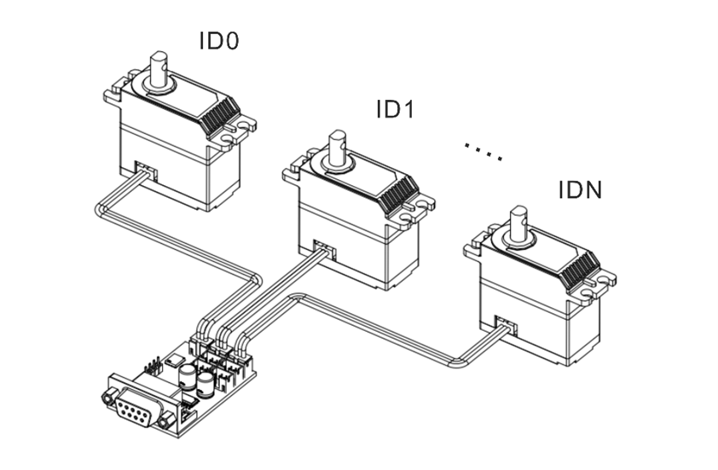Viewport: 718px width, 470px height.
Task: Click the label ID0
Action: point(218,40)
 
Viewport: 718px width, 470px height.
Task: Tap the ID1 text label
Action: point(395,110)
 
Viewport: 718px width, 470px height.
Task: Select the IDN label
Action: point(580,189)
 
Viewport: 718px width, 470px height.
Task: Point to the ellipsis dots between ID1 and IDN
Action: point(483,151)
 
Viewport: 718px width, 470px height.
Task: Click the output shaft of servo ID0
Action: point(159,71)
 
